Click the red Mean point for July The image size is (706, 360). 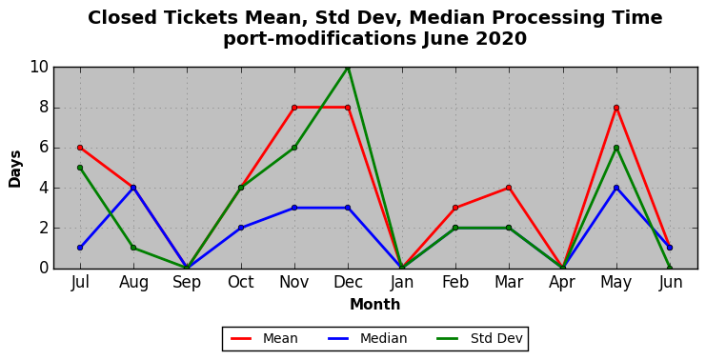click(x=80, y=148)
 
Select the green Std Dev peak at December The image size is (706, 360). click(x=348, y=68)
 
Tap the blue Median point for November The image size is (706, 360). click(x=294, y=208)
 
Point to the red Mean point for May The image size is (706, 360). click(x=615, y=108)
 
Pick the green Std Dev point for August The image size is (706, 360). click(x=133, y=248)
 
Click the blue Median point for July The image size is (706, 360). click(x=80, y=248)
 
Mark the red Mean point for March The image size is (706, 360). click(x=509, y=188)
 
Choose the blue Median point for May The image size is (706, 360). click(x=615, y=188)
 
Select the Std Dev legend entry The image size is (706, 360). click(x=480, y=338)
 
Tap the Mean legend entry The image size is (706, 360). click(x=264, y=338)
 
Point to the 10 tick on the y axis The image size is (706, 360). click(x=39, y=68)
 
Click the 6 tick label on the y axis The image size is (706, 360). click(x=44, y=148)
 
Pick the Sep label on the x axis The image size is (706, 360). click(x=187, y=283)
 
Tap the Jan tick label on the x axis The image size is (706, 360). click(x=402, y=282)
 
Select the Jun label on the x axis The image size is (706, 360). click(x=670, y=282)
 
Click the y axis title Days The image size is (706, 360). click(x=15, y=169)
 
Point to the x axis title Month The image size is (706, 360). click(x=375, y=305)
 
